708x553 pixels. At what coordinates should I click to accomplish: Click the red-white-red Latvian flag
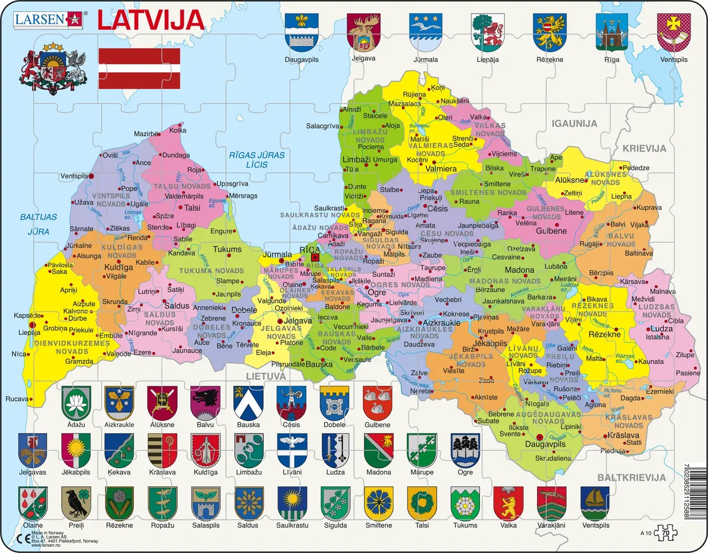(x=139, y=69)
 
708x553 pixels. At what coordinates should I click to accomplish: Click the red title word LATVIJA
(x=151, y=20)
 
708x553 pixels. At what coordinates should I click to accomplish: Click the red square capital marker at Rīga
(x=315, y=257)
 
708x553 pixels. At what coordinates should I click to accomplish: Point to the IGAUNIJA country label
(x=574, y=124)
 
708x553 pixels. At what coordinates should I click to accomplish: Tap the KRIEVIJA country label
(x=644, y=149)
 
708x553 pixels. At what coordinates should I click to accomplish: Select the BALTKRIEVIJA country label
(x=631, y=478)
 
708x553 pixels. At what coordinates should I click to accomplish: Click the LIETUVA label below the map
(x=266, y=376)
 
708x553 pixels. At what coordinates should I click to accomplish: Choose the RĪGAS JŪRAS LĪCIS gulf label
(x=257, y=160)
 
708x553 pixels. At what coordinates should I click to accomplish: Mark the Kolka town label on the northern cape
(x=178, y=130)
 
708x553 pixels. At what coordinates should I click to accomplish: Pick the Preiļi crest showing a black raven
(x=76, y=503)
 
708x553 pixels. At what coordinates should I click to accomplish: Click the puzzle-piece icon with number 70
(x=666, y=533)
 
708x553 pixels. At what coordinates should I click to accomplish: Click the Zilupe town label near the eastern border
(x=685, y=355)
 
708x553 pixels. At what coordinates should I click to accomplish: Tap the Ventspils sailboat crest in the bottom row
(x=595, y=503)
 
